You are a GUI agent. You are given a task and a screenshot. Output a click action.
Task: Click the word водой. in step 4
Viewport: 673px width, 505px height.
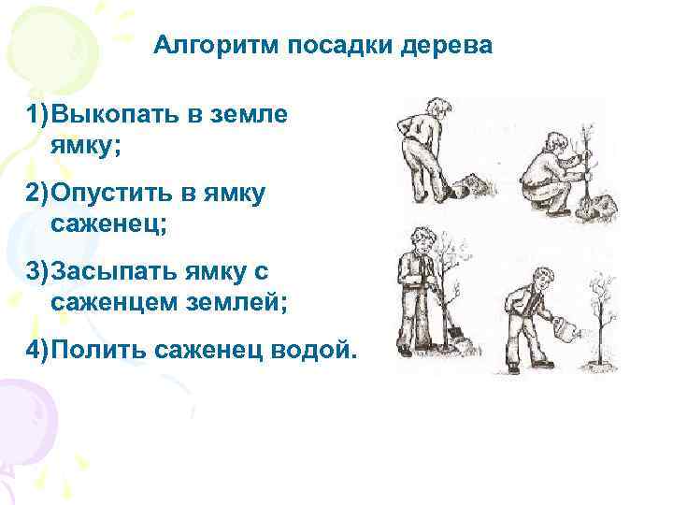point(317,350)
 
